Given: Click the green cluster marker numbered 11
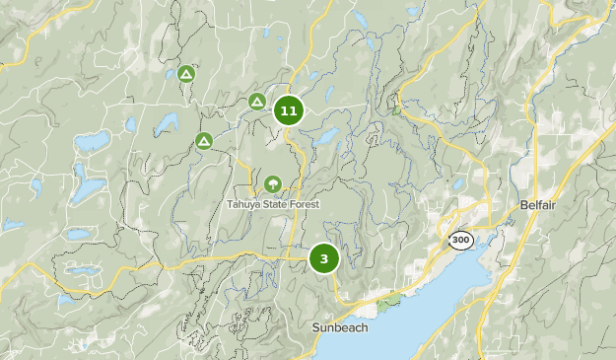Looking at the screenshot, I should click(289, 110).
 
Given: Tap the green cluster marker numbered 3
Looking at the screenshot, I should click(323, 258).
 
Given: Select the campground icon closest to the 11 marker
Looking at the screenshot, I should click(257, 101).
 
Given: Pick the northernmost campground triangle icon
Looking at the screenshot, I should click(186, 74).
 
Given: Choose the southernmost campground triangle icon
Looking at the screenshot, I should click(203, 141).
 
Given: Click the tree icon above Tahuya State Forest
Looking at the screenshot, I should click(272, 182).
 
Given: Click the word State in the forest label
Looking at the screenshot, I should click(279, 204).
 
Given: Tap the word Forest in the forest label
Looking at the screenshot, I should click(307, 204).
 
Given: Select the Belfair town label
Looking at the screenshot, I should click(539, 205).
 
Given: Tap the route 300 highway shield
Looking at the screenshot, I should click(459, 240).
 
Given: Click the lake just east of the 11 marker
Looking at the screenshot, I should click(326, 134).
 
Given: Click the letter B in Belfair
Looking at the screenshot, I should click(523, 205).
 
